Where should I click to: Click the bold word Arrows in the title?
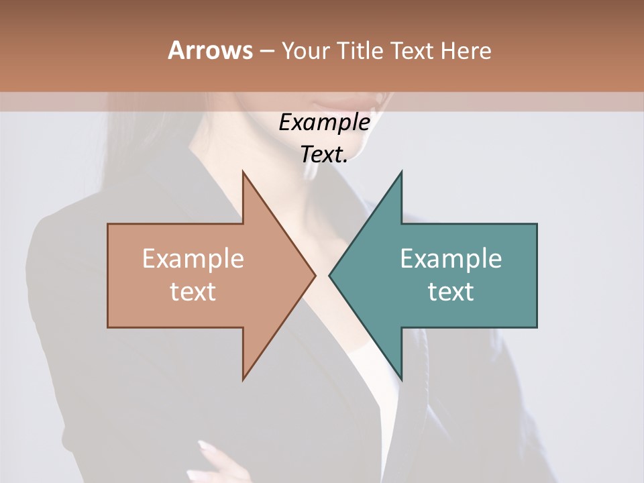pyautogui.click(x=209, y=51)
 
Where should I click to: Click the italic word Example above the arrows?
pyautogui.click(x=324, y=123)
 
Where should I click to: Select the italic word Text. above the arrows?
pyautogui.click(x=324, y=155)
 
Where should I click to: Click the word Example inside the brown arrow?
pyautogui.click(x=193, y=259)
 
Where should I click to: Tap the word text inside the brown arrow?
pyautogui.click(x=193, y=292)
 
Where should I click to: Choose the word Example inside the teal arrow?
pyautogui.click(x=451, y=259)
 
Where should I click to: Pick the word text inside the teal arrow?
pyautogui.click(x=451, y=292)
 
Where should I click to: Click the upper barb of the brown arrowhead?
pyautogui.click(x=245, y=176)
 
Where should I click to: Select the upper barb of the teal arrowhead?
pyautogui.click(x=400, y=176)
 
